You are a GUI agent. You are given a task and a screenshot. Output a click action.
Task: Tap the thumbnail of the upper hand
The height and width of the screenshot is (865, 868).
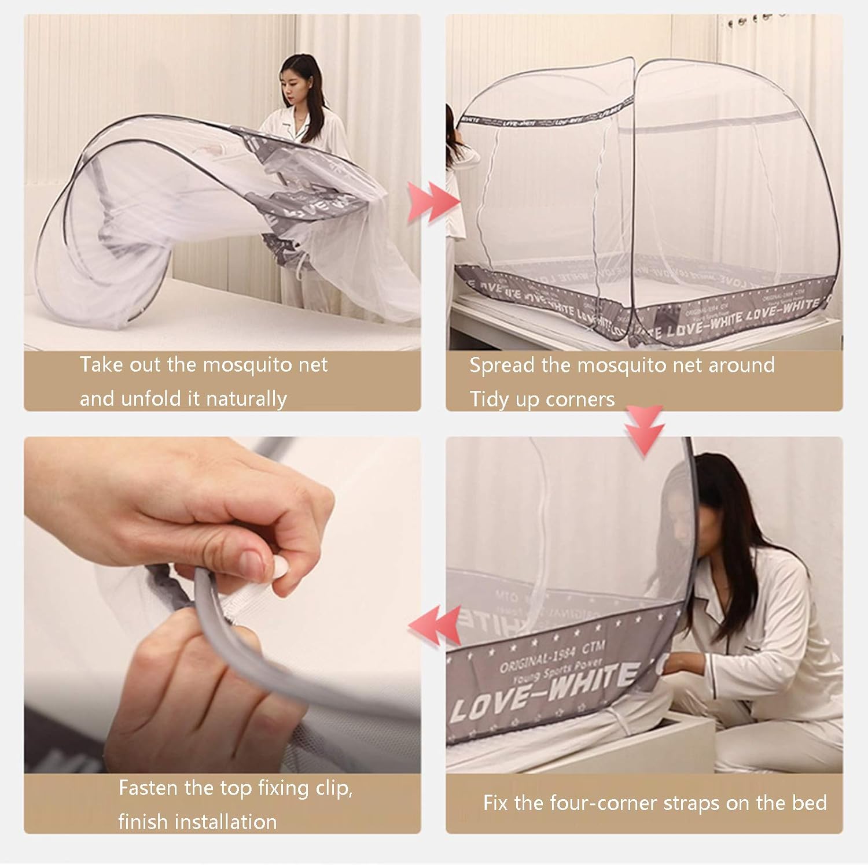(251, 560)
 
